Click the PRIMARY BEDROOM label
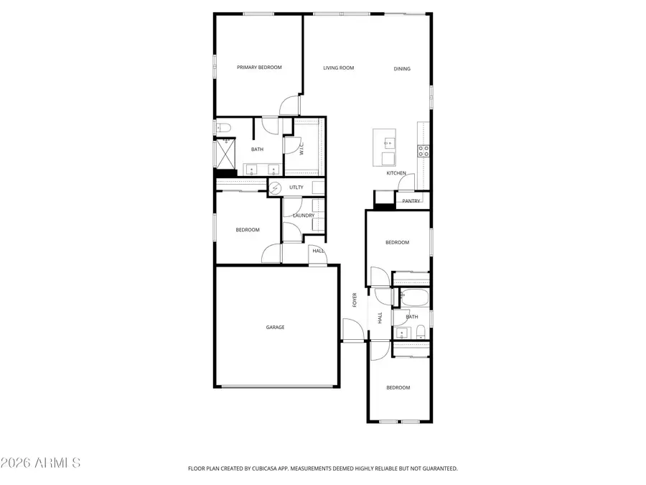coord(259,68)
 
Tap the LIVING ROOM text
coord(338,68)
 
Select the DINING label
coord(402,69)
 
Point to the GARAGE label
coord(276,328)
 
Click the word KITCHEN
coord(396,173)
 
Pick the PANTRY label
coord(411,201)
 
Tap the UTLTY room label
coord(296,188)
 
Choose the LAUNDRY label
coord(304,216)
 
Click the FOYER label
coord(355,300)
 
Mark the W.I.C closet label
coord(302,149)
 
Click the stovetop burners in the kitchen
coord(423,151)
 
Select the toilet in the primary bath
coord(223,128)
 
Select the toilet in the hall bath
coord(421,331)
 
